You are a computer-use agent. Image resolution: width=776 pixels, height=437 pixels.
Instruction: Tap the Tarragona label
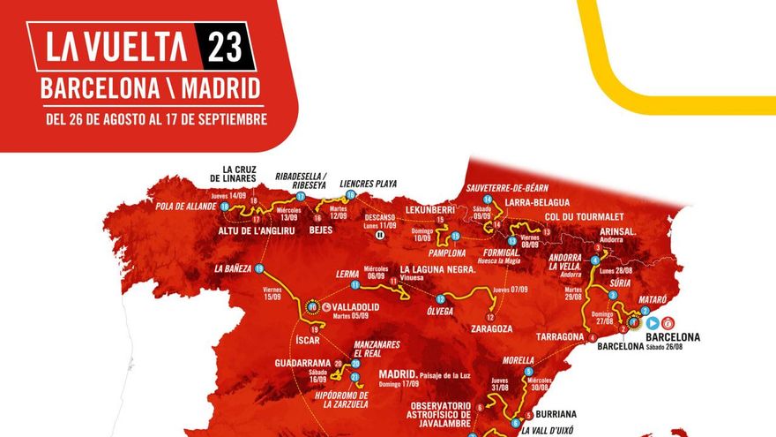pos(556,336)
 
